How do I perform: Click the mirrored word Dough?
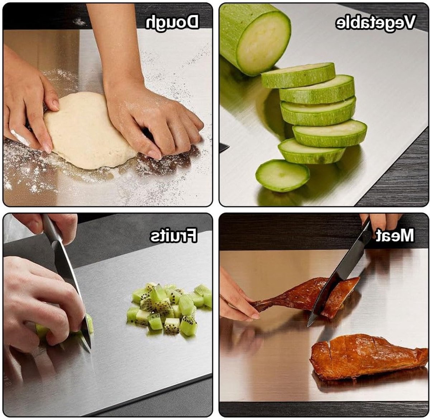tap(172, 22)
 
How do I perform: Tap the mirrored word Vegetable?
tap(376, 22)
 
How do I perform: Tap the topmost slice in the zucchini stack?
tap(298, 75)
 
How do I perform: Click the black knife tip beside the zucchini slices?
tap(224, 147)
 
